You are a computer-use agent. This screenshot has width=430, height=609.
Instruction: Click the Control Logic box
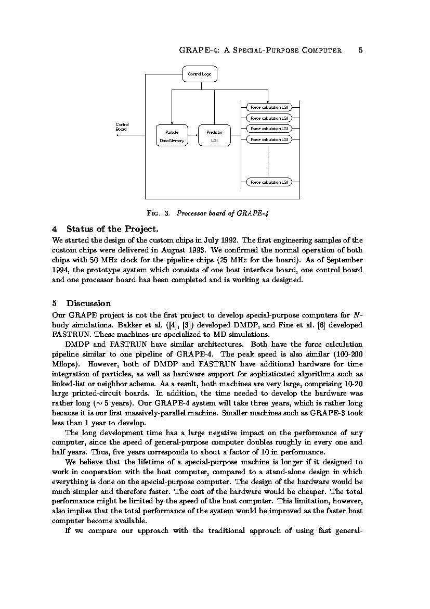pos(200,74)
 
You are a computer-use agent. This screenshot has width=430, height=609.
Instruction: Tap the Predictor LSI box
pos(214,136)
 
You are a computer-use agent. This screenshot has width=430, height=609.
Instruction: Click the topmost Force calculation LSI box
pos(269,107)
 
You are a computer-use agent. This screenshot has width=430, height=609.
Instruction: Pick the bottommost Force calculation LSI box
pos(269,182)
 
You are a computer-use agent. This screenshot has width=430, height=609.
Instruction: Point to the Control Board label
pos(122,126)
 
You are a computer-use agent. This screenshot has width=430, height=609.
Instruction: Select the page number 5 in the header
pos(360,50)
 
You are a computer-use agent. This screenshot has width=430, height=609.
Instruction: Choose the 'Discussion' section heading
pos(88,303)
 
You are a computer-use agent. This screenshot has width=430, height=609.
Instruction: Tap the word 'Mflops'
pos(65,364)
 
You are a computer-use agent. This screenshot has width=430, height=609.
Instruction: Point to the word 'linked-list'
pos(68,384)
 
